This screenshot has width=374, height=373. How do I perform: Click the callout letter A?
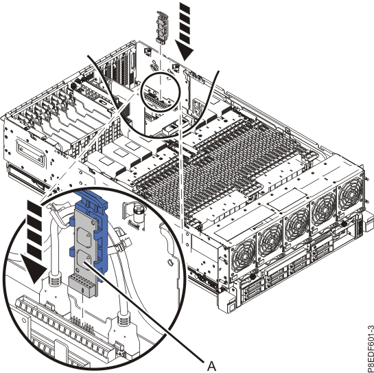pyautogui.click(x=211, y=366)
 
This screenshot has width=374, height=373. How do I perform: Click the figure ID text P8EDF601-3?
pyautogui.click(x=371, y=350)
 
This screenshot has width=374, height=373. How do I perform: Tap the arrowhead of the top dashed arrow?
pyautogui.click(x=185, y=51)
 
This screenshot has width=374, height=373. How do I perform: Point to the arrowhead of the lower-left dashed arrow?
pyautogui.click(x=34, y=269)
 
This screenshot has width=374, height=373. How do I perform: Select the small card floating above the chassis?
pyautogui.click(x=162, y=27)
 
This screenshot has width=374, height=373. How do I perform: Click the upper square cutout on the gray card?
pyautogui.click(x=84, y=238)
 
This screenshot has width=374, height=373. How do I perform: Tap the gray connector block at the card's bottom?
pyautogui.click(x=82, y=285)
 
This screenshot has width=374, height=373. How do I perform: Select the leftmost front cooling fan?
pyautogui.click(x=244, y=257)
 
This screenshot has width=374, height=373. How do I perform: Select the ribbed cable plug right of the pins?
pyautogui.click(x=125, y=319)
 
